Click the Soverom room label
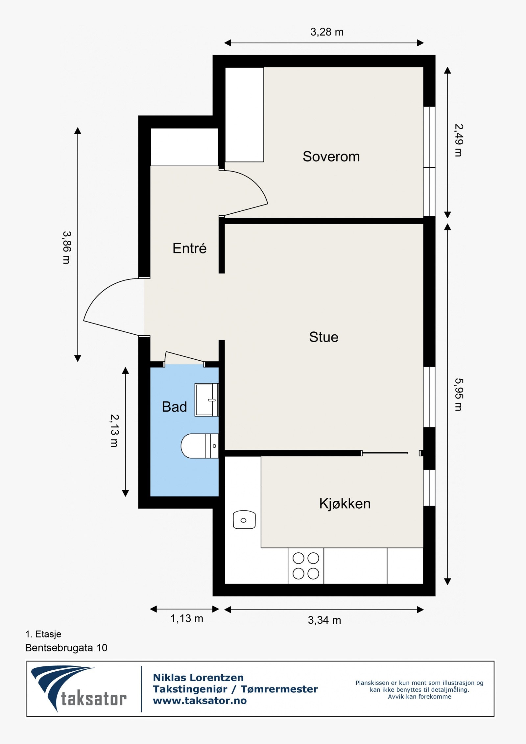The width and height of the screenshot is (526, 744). click(x=331, y=156)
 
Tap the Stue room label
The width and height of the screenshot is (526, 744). click(x=323, y=337)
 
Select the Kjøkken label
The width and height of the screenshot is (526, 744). click(x=345, y=504)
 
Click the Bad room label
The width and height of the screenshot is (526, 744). click(x=174, y=407)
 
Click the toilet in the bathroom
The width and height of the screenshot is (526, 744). click(x=200, y=446)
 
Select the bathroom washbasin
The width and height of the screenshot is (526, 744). click(x=206, y=400)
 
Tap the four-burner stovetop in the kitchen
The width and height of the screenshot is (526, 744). click(x=306, y=566)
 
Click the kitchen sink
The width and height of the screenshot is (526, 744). click(x=244, y=520)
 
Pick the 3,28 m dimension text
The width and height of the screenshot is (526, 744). click(x=327, y=32)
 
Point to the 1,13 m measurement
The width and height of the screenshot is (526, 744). click(x=187, y=619)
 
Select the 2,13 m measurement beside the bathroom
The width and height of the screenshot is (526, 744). click(x=114, y=431)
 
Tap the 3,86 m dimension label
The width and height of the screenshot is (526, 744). click(x=67, y=248)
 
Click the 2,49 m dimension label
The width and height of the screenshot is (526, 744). click(x=459, y=140)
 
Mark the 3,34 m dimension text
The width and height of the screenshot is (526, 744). click(x=324, y=620)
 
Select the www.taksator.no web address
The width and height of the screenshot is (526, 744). click(x=200, y=701)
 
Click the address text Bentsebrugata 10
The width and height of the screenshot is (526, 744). click(x=66, y=648)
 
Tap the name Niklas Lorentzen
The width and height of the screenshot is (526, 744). click(x=198, y=678)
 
